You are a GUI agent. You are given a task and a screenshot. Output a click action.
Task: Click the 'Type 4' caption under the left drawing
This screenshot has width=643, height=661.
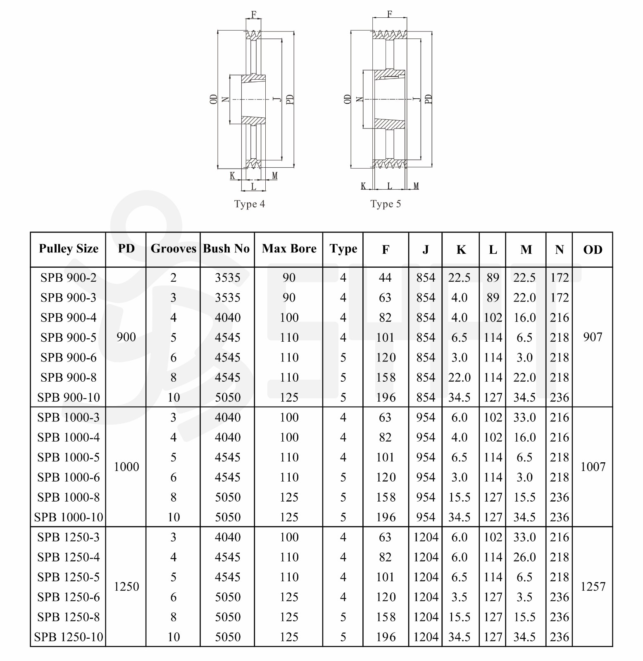point(249,204)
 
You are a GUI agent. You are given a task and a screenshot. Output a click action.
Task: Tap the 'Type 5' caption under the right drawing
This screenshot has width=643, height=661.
point(386,204)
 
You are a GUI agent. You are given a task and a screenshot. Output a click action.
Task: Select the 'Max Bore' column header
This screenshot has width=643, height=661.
point(289,249)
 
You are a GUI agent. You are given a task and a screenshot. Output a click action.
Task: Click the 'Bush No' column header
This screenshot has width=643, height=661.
point(226,249)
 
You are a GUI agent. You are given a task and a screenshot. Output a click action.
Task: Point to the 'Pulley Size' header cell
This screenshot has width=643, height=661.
point(69,249)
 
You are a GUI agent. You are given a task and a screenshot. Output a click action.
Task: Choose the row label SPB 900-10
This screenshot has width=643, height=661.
point(69,397)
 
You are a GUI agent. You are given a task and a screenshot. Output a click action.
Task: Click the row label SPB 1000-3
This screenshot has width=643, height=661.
point(69,417)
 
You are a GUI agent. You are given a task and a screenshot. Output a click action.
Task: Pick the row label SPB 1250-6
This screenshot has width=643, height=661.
point(69,597)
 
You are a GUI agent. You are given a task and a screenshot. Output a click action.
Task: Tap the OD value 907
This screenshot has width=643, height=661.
point(593,337)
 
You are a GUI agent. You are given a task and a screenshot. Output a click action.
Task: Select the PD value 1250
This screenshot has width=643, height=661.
point(126,587)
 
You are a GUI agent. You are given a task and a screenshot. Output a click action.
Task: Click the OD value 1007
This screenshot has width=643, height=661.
point(593,467)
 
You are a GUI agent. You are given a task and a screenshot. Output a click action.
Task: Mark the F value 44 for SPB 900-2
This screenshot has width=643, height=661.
point(385,278)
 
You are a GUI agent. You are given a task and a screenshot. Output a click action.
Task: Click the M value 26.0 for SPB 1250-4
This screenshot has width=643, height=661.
point(524,557)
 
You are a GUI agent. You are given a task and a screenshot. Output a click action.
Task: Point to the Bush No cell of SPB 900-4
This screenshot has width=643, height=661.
point(227,318)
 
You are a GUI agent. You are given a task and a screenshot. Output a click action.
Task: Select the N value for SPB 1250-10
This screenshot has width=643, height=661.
point(560,637)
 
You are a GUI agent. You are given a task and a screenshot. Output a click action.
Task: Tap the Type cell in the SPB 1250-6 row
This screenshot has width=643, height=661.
point(343,597)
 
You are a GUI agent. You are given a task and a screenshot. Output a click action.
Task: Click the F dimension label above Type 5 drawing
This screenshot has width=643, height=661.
point(389,14)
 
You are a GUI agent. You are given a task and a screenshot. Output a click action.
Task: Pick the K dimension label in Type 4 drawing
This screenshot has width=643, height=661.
point(232,176)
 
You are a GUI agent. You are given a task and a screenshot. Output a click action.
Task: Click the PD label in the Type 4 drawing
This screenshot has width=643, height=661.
point(290,99)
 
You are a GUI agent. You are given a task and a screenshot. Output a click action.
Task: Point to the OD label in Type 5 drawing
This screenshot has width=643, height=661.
point(347,99)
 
